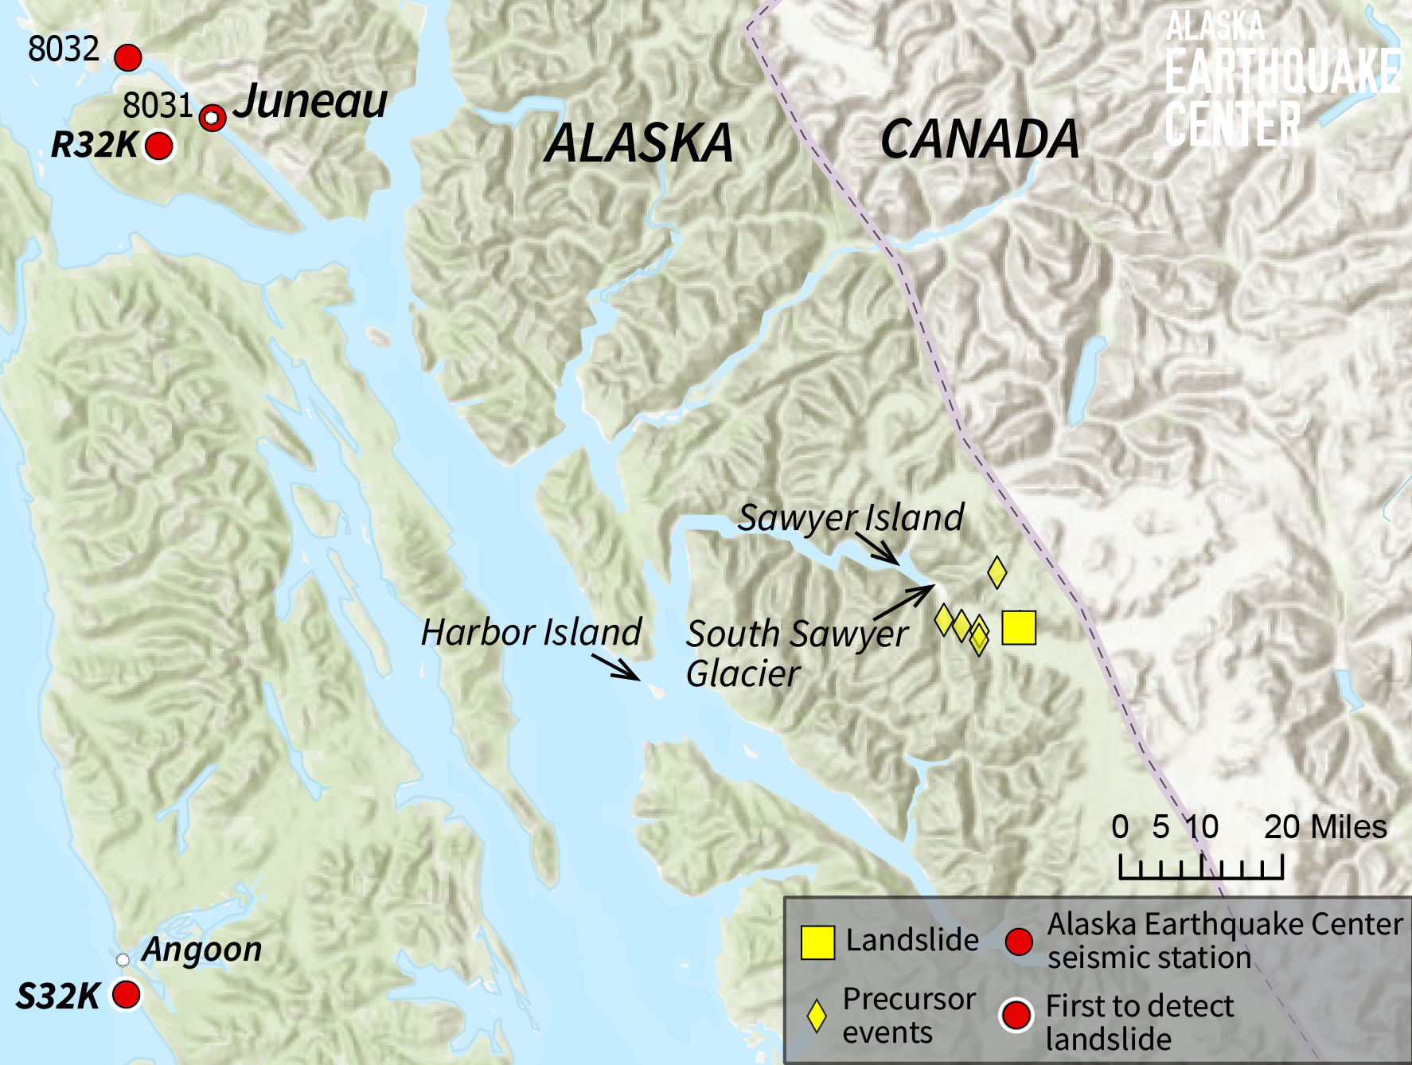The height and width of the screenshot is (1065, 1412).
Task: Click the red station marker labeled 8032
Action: (128, 58)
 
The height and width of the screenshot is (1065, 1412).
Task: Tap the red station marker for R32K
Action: (159, 146)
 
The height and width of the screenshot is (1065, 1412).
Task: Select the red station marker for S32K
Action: (127, 994)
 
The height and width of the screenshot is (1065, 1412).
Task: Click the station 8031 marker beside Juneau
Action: (212, 118)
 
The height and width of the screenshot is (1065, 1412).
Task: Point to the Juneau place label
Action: (310, 102)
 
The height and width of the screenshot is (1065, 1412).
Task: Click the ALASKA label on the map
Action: (638, 144)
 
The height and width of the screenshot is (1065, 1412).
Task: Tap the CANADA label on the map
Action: (980, 140)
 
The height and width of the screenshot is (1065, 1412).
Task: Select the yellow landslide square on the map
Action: (1019, 627)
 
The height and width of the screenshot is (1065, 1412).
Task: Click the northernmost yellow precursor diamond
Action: (997, 571)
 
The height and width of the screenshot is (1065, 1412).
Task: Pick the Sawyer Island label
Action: (851, 517)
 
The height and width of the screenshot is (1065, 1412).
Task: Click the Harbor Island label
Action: (531, 633)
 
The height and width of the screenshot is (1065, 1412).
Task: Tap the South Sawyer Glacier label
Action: (796, 653)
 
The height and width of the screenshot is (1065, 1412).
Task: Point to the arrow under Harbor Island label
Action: (617, 668)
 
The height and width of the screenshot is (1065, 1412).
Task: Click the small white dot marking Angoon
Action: (123, 960)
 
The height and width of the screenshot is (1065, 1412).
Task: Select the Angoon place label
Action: (202, 950)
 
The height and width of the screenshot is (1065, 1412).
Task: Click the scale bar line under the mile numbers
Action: (1201, 876)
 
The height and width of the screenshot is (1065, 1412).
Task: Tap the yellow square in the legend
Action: (817, 942)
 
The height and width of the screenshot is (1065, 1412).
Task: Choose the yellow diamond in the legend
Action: (817, 1016)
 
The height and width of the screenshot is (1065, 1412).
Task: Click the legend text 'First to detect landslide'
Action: (1139, 1022)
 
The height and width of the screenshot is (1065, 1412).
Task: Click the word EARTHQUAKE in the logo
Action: (1281, 72)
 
